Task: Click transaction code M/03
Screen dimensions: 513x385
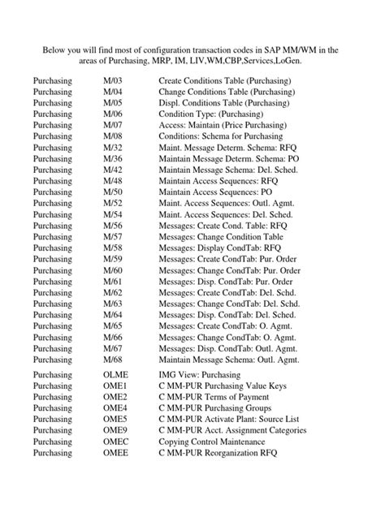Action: pos(113,82)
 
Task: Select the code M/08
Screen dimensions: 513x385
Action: pos(113,148)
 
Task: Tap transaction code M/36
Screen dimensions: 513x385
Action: pos(113,174)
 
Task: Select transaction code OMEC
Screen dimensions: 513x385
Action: pos(118,442)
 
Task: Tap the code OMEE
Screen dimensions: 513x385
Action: pos(118,455)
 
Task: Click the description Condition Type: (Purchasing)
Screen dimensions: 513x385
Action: pos(211,121)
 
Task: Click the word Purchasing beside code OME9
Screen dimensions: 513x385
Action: pos(53,429)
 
